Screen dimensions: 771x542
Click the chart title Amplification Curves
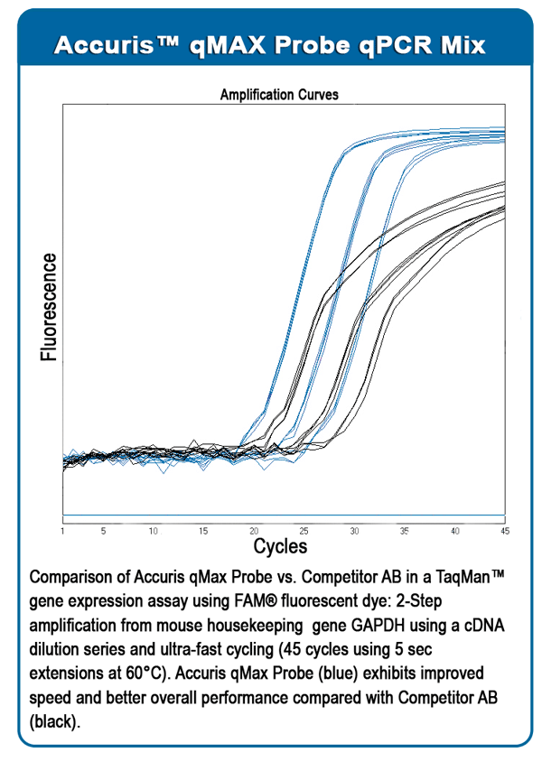tap(279, 94)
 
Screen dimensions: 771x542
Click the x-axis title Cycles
tap(280, 546)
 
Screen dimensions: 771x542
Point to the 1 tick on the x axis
tap(62, 531)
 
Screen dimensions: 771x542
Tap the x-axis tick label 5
tap(103, 531)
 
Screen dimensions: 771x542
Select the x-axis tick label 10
tap(154, 531)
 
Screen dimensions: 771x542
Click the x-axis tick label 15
tap(203, 531)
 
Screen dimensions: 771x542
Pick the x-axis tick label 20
tap(254, 531)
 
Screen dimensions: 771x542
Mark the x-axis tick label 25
tap(304, 531)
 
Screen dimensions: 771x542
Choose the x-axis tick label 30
tap(354, 531)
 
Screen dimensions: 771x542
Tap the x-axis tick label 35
tap(405, 531)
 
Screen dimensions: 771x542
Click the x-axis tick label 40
tap(454, 531)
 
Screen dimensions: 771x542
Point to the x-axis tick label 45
tap(503, 531)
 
